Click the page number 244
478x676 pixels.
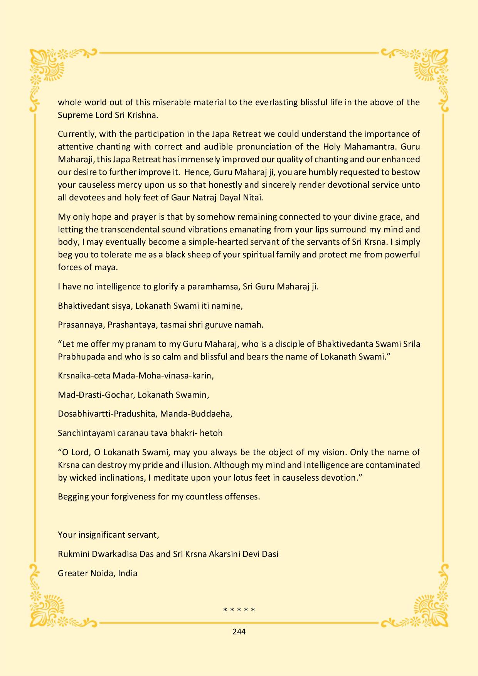coord(239,631)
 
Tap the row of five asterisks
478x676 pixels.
coord(239,610)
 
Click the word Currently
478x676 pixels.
coord(76,134)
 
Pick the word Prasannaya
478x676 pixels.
coord(81,325)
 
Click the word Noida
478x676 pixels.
coord(102,573)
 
